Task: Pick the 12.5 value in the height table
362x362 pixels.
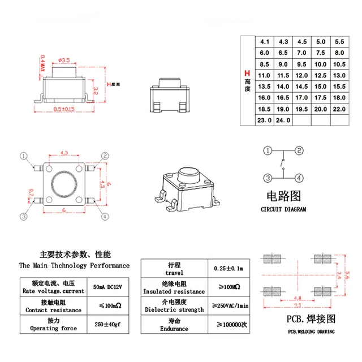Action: point(321,75)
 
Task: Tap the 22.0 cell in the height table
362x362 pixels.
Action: point(339,109)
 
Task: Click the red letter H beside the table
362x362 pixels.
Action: point(246,74)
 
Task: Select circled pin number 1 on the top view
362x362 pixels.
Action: point(24,156)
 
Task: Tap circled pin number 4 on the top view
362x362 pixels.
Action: point(105,216)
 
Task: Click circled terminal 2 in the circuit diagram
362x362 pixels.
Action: point(299,150)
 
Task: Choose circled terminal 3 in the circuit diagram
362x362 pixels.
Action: point(266,179)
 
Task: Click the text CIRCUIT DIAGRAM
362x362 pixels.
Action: point(283,209)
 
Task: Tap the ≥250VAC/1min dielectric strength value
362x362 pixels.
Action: point(230,306)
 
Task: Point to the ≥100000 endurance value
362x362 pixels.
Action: point(230,325)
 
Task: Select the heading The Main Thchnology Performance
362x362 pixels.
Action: point(74,265)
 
